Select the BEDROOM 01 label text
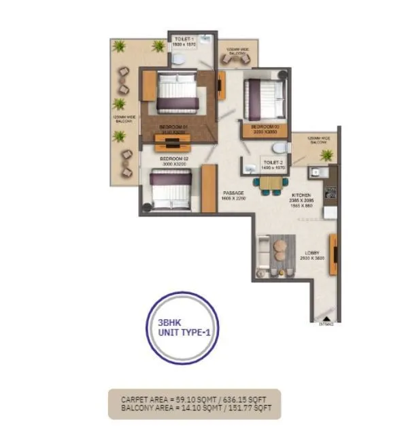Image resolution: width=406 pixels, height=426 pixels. click(173, 128)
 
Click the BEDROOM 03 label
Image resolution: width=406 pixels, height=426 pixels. click(265, 127)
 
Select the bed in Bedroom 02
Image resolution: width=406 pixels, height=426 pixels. click(170, 189)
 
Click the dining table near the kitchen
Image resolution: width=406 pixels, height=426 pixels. click(270, 182)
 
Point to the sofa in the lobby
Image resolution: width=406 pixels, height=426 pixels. click(263, 255)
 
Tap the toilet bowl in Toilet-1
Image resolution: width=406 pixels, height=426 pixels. click(177, 59)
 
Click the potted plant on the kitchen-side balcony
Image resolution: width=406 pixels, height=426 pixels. click(327, 154)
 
